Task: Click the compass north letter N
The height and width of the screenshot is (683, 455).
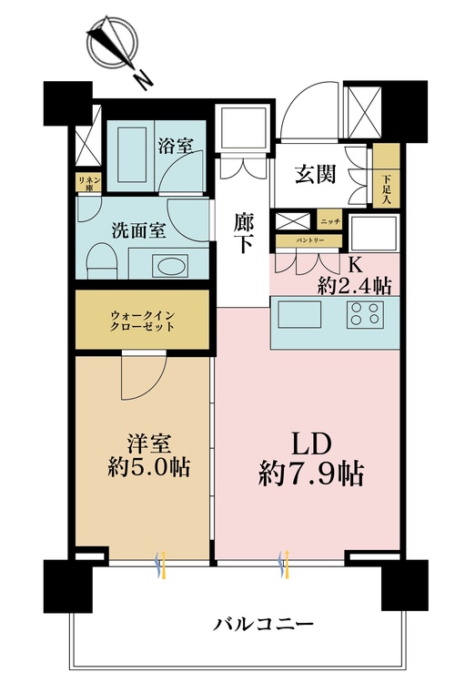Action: (142, 80)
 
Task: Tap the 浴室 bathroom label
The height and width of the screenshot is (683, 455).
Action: (176, 146)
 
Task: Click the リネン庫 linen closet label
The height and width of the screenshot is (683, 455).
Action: (89, 183)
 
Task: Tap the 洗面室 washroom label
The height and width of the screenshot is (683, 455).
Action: (139, 230)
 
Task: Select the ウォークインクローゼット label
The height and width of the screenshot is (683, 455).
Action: (142, 321)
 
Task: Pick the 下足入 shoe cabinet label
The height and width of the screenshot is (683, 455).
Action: (386, 189)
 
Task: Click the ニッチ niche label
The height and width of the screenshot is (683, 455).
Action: (330, 221)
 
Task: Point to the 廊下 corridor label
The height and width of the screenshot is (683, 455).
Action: (243, 233)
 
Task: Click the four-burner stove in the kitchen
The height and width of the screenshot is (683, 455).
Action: (365, 314)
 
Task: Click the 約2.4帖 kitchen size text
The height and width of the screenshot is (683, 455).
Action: (354, 286)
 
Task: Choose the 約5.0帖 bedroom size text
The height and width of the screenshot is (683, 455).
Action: (148, 467)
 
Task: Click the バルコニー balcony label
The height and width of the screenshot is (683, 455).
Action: (263, 625)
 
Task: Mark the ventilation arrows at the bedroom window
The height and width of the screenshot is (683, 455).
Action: (161, 565)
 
